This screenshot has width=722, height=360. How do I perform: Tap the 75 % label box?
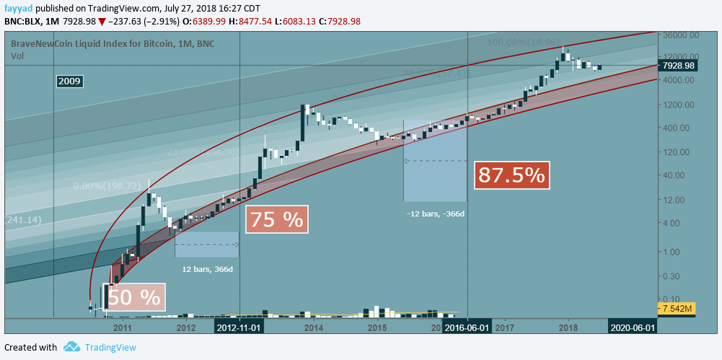[x=277, y=219]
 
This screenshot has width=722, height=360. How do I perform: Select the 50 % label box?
[x=134, y=297]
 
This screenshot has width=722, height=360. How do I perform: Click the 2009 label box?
[x=70, y=82]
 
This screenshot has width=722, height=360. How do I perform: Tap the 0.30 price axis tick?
[x=672, y=275]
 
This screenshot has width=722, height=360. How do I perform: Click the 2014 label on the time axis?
[x=313, y=328]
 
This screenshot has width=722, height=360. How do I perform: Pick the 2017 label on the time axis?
[x=503, y=328]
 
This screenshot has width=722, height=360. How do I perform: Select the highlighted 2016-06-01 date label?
[x=467, y=328]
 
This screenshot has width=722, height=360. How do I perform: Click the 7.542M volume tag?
[x=677, y=309]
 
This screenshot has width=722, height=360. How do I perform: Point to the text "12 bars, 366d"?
[x=208, y=268]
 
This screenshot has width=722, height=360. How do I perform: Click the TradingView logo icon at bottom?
[x=71, y=347]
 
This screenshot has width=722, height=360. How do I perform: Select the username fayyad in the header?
[x=19, y=8]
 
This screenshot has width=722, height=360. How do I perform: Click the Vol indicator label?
[x=17, y=55]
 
